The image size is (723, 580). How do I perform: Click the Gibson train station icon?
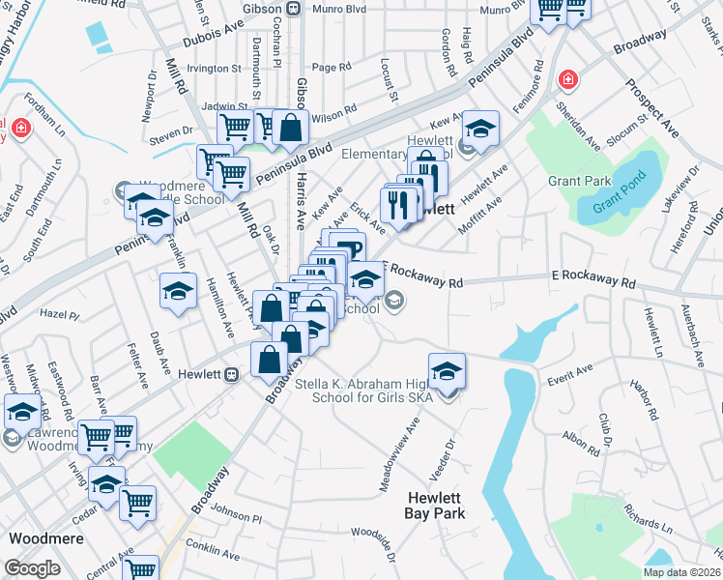tap(293, 8)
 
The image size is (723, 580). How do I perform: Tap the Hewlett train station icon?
tap(231, 375)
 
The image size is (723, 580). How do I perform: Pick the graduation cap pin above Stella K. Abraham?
tap(447, 372)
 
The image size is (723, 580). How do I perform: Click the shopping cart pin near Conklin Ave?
tap(142, 569)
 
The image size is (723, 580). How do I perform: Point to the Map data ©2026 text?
tap(681, 571)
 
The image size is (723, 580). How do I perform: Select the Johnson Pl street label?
tap(236, 517)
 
